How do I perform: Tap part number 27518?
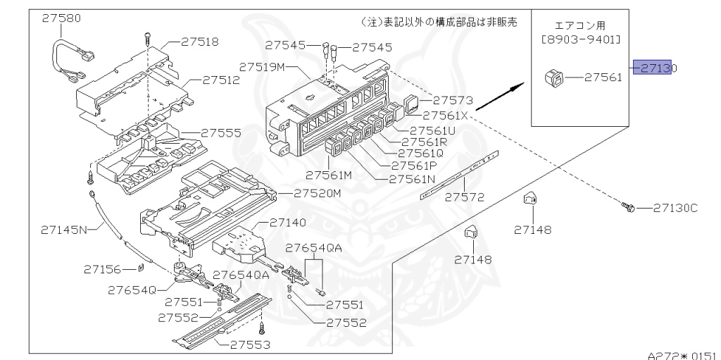[x=199, y=42]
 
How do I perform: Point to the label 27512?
[x=220, y=80]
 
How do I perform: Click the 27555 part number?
[x=221, y=132]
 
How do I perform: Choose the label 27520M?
[x=318, y=193]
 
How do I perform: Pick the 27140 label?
[x=287, y=223]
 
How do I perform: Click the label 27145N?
[x=63, y=229]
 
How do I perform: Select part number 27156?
[x=102, y=269]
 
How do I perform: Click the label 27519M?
[x=262, y=67]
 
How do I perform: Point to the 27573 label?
[x=452, y=101]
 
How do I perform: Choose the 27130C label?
[x=675, y=208]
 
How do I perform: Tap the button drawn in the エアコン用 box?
[x=553, y=77]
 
